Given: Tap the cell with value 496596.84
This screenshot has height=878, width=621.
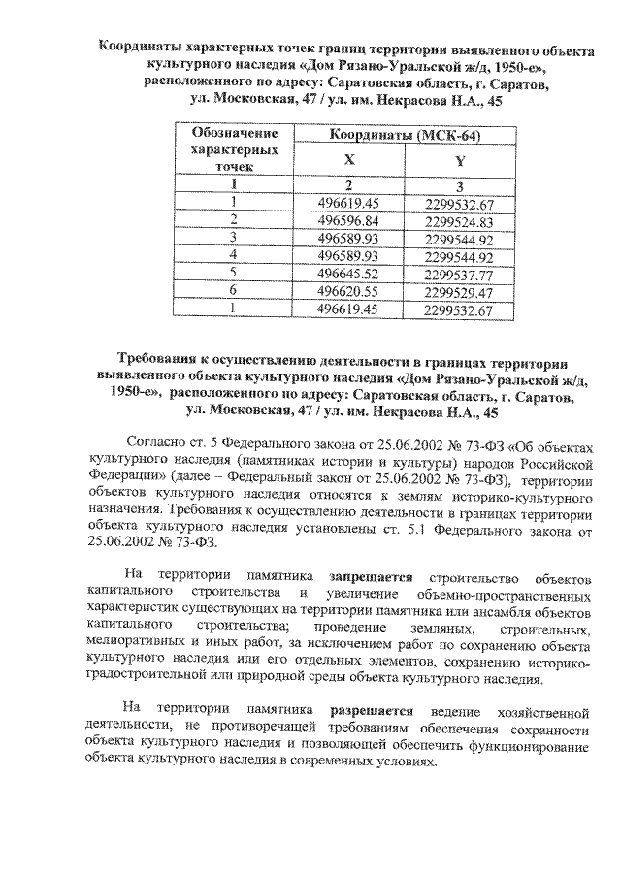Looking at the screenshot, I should click(347, 220).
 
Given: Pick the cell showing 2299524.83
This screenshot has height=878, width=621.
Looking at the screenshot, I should click(460, 221).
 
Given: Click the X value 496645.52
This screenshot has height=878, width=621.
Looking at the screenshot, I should click(347, 274).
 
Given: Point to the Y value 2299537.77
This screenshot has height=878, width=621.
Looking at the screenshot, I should click(460, 274).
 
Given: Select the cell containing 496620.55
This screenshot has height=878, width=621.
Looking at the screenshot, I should click(347, 291).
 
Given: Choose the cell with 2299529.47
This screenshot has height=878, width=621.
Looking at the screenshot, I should click(460, 291).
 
